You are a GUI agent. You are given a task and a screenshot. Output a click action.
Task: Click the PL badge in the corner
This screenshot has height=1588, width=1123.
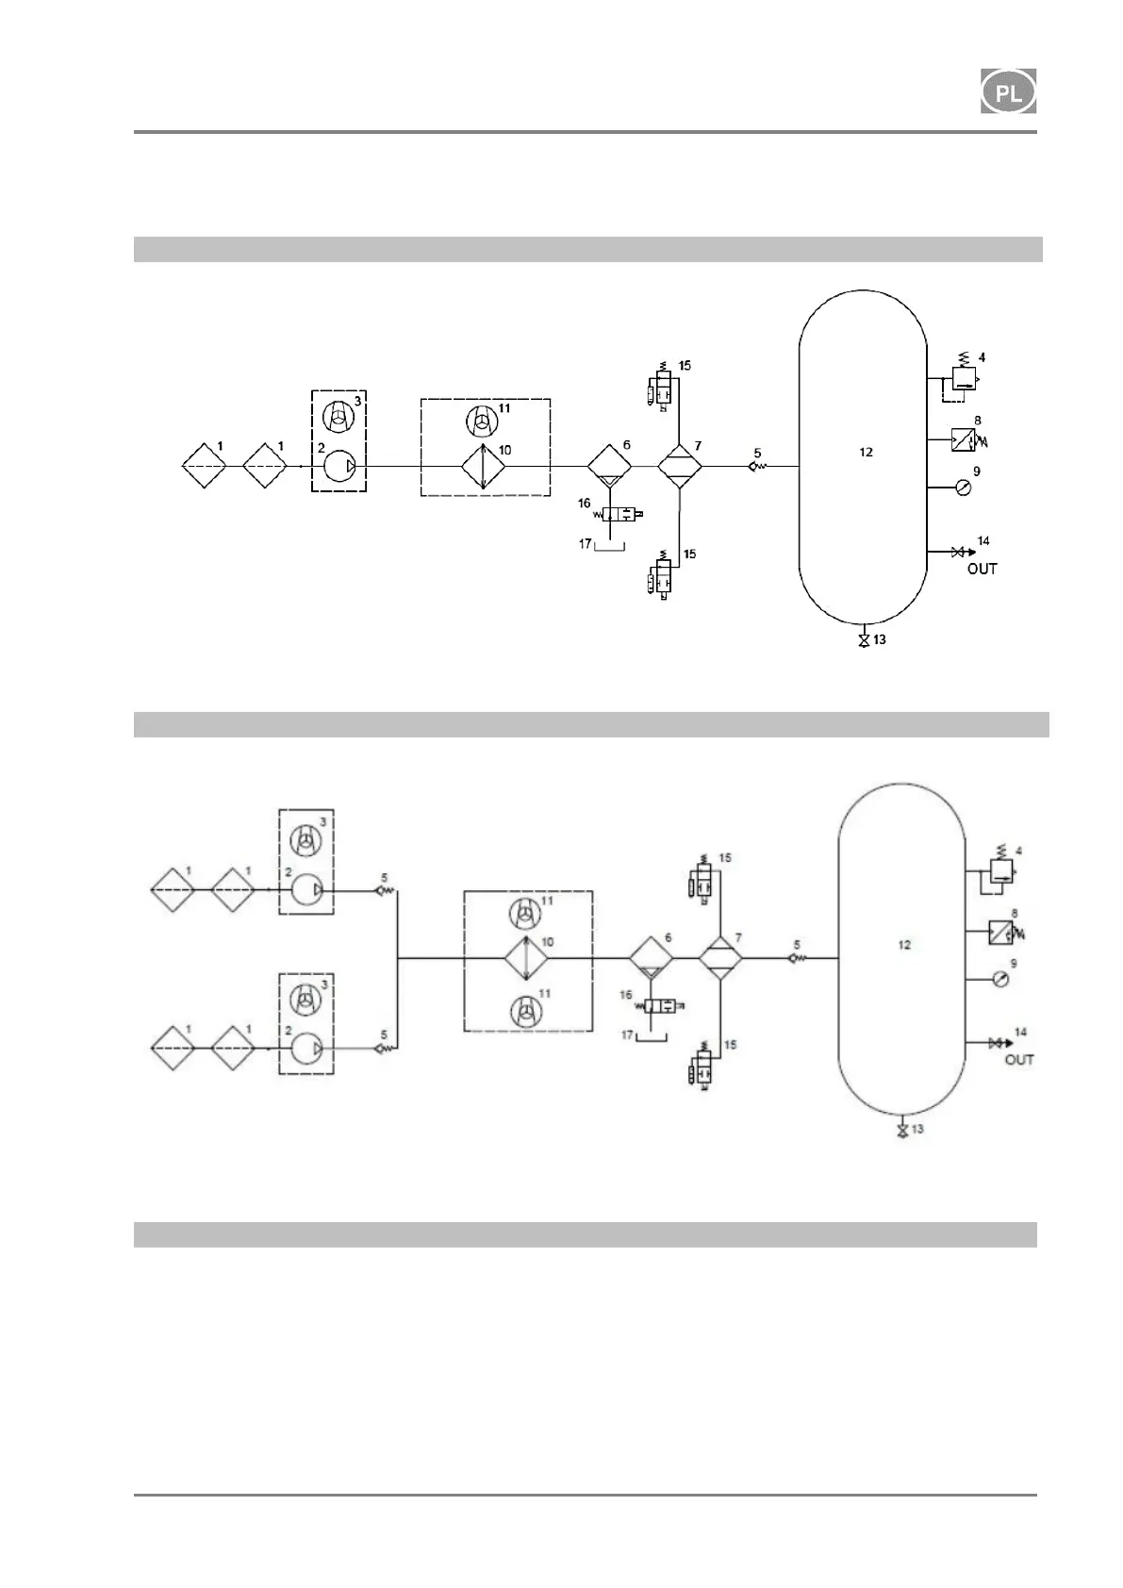point(1008,91)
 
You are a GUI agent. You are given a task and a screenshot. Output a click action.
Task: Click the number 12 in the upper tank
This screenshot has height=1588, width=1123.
point(866,452)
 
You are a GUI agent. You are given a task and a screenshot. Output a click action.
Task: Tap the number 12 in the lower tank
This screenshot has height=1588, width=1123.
point(904,945)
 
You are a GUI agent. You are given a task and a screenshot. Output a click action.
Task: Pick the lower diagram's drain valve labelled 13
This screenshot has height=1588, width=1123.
point(902,1130)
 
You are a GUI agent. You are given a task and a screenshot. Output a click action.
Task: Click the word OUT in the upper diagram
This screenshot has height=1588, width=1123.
point(982,569)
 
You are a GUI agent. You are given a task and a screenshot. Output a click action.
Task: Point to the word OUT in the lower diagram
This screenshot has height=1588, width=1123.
point(1019,1060)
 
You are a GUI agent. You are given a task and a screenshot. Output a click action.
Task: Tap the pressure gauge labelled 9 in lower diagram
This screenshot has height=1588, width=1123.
point(999,979)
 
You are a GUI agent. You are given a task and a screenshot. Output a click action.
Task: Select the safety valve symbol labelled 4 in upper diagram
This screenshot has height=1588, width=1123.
point(964,378)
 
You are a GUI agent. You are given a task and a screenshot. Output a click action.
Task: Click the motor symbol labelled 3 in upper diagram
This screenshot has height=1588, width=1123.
point(338,415)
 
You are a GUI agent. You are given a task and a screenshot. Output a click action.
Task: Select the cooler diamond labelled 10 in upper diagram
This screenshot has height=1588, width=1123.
point(483,467)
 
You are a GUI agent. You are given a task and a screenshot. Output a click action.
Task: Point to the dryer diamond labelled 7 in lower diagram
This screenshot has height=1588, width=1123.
point(720,958)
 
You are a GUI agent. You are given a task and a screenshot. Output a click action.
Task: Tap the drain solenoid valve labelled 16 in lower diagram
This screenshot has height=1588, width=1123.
point(658,1006)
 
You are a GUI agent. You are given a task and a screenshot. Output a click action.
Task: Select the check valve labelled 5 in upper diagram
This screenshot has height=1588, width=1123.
point(757,466)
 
